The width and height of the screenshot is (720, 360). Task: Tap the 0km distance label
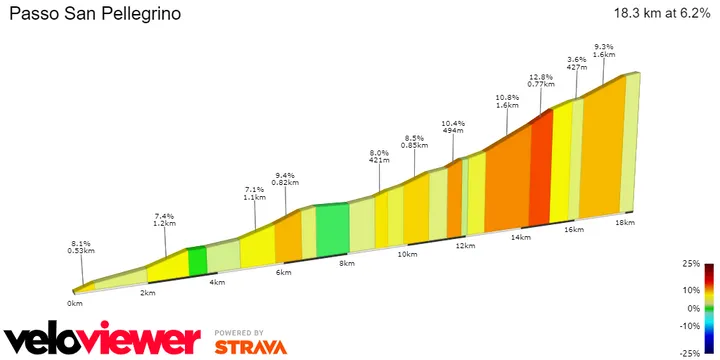tap(75, 302)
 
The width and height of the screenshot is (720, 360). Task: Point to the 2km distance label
tap(147, 293)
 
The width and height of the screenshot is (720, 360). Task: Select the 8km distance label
tap(347, 264)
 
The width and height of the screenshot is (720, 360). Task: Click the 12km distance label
tap(463, 245)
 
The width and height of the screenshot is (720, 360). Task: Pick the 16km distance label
tap(573, 230)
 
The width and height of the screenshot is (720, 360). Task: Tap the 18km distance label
tap(625, 222)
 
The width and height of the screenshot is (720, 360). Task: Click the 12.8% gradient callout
tap(541, 82)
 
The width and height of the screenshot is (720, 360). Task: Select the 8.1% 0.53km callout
tap(83, 247)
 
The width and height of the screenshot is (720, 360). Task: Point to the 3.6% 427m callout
tap(576, 63)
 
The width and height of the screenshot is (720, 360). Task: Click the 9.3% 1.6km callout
tap(604, 51)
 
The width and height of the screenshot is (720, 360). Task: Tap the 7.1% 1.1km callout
tap(255, 193)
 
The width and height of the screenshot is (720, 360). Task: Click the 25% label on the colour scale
tap(690, 263)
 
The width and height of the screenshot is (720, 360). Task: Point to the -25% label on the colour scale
tap(688, 353)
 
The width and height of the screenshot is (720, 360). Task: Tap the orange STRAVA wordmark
tap(251, 347)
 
